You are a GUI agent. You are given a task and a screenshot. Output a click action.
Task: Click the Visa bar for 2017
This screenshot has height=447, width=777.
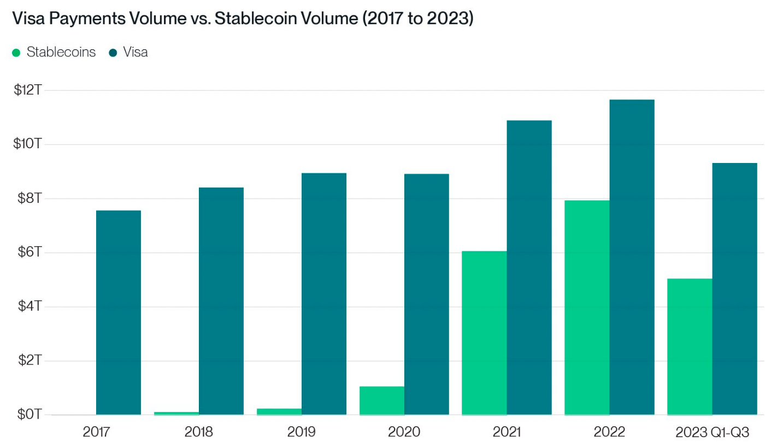(118, 312)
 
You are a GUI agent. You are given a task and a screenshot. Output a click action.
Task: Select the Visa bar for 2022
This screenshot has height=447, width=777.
(632, 257)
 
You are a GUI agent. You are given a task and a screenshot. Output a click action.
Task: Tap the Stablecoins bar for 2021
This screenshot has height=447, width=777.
(484, 333)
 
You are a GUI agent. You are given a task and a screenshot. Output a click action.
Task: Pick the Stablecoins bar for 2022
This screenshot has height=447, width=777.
(587, 307)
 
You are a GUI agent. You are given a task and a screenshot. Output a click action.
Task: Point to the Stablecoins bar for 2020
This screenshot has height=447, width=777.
(382, 400)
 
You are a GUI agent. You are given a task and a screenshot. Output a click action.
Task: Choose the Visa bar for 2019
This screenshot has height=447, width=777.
(323, 294)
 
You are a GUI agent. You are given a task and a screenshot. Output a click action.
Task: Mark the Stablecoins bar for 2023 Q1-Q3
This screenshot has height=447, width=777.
(690, 346)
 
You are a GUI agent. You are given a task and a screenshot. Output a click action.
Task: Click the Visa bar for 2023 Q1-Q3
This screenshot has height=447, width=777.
(734, 289)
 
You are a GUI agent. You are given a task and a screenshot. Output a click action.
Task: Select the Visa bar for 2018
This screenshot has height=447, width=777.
(221, 301)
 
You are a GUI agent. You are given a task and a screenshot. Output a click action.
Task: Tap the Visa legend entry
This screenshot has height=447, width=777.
(128, 53)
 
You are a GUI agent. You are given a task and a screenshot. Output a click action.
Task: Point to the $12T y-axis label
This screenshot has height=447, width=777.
(28, 90)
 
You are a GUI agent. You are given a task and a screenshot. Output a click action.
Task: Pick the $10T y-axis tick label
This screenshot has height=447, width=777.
(28, 144)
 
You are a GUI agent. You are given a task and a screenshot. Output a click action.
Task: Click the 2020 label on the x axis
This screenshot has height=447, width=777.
(404, 432)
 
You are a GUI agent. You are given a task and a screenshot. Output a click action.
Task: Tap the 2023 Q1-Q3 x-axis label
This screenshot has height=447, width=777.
(712, 432)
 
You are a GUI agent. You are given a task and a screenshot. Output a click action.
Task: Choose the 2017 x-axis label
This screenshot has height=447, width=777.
(97, 432)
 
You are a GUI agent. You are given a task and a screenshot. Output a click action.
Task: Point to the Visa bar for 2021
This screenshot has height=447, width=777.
(529, 268)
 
